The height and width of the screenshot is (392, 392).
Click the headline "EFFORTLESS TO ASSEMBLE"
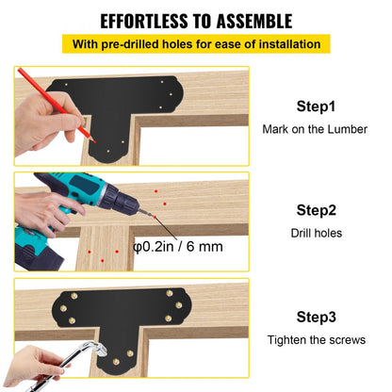coord(196,21)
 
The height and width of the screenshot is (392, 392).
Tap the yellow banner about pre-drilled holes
coord(196,44)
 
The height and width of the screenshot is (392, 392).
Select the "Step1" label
coord(317,107)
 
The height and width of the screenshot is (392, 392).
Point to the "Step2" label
coord(317,210)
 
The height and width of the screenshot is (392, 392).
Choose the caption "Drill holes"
coord(317,232)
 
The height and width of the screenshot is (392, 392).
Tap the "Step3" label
coord(317,318)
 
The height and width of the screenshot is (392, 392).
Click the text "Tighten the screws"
coord(317,339)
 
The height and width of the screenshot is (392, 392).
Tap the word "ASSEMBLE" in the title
coord(251,21)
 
